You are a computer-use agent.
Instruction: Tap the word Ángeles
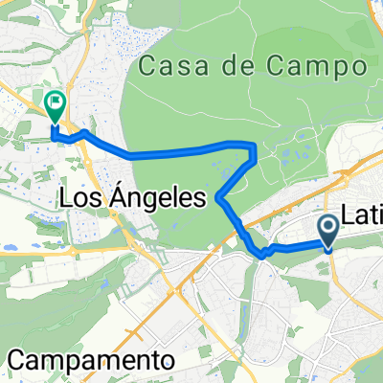click(x=160, y=199)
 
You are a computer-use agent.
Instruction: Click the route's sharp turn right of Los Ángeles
click(x=220, y=198)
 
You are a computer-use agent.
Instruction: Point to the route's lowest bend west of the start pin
click(x=262, y=254)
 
